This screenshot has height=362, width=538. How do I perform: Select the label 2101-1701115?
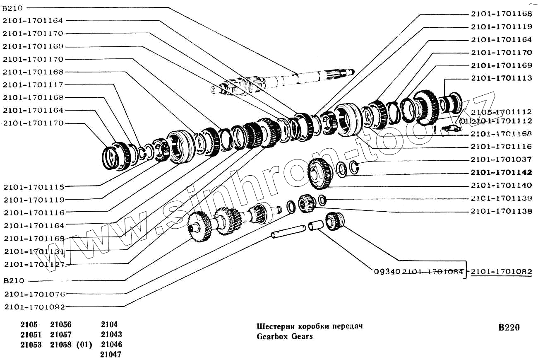click(34, 186)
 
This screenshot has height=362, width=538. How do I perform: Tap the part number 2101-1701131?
click(34, 251)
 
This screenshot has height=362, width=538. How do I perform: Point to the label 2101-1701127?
click(34, 264)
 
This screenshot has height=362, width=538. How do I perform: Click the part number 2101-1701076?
click(34, 294)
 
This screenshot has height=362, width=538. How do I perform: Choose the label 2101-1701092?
click(34, 307)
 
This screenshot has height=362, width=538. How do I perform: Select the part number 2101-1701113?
click(501, 78)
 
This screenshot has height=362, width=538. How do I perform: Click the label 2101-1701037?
click(501, 159)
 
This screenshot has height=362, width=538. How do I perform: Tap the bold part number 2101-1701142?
click(501, 172)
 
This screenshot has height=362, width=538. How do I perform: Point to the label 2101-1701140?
click(501, 185)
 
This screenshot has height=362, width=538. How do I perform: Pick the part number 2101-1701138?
click(501, 211)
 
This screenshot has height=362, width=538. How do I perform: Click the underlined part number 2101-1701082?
click(501, 272)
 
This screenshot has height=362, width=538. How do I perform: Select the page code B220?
click(509, 328)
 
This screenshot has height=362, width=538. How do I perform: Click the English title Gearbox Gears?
click(285, 336)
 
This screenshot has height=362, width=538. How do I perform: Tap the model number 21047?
click(110, 354)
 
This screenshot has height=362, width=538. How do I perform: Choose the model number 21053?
click(31, 345)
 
